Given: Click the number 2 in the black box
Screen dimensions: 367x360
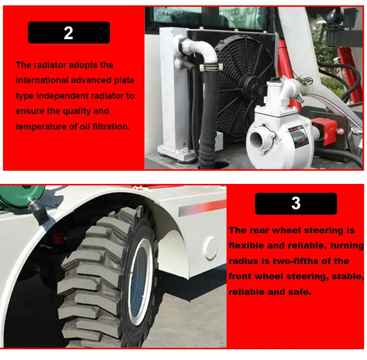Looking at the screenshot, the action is pos(69,33).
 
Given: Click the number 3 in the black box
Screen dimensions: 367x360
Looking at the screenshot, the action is pos(296,203).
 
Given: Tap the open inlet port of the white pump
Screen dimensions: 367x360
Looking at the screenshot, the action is pos(257,140).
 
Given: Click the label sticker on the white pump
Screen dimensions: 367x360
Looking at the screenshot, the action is pos(298,136).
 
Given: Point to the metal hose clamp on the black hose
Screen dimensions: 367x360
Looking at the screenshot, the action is pos(211,68).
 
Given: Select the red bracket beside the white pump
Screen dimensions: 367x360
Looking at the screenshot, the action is pos(324,131).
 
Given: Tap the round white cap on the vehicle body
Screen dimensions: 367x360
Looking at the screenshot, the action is pos(211,248).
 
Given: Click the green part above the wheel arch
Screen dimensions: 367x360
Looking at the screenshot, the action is pos(21,196).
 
